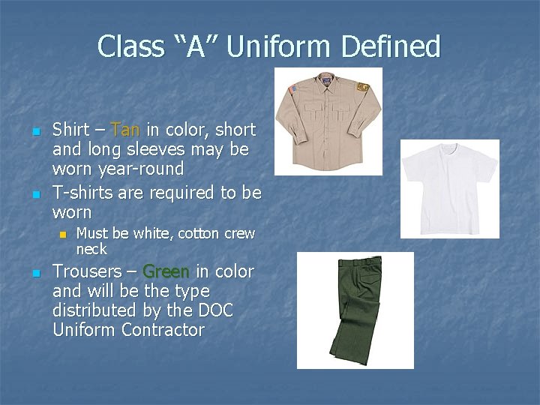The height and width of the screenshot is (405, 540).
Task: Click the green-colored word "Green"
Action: (x=166, y=271)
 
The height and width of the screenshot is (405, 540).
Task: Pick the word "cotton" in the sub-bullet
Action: (x=198, y=234)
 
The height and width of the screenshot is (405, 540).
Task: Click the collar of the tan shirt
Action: (x=327, y=76)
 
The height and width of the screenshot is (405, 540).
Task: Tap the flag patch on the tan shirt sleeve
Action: (x=292, y=89)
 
